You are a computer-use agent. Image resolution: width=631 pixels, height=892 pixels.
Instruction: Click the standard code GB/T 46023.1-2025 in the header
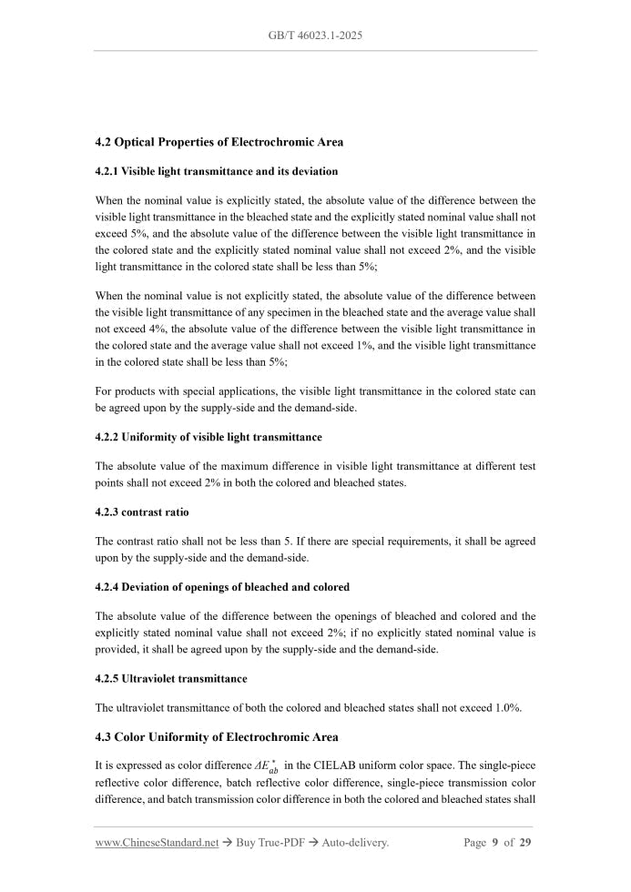(x=316, y=35)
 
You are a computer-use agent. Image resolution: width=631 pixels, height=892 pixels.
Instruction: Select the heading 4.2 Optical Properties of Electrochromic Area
(x=219, y=143)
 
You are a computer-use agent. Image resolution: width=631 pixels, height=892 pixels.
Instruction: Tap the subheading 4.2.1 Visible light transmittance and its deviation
(x=216, y=171)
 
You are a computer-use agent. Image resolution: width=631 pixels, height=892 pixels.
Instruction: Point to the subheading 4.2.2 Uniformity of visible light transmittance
(x=209, y=438)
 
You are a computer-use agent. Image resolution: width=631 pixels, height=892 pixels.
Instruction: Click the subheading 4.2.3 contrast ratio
(x=142, y=512)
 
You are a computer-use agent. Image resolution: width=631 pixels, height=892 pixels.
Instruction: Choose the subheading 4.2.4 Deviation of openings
(x=222, y=587)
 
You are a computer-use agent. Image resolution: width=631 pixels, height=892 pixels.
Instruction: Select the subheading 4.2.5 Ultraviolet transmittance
(x=171, y=679)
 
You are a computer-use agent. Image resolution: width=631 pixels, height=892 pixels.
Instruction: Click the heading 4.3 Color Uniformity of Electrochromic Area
(x=217, y=736)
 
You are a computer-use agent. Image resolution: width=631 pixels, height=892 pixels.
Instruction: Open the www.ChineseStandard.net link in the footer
(x=157, y=843)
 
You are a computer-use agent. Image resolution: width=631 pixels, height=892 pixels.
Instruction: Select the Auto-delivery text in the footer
(x=358, y=843)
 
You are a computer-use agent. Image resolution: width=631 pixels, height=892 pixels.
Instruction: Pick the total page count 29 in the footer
(x=525, y=843)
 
